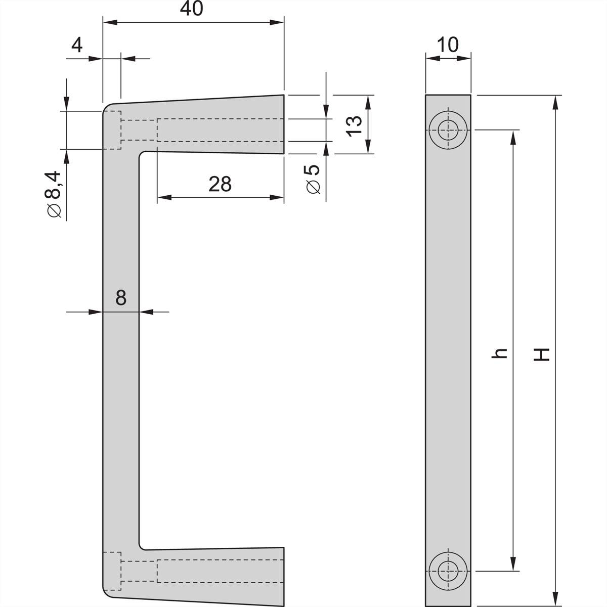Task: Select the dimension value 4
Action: click(76, 46)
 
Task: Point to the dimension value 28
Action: click(220, 184)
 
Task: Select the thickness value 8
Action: click(120, 298)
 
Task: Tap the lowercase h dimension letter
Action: click(500, 354)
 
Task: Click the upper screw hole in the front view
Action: click(448, 130)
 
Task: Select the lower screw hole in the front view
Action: click(448, 571)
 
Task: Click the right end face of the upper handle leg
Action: click(282, 124)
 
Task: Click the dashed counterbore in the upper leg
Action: click(112, 130)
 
